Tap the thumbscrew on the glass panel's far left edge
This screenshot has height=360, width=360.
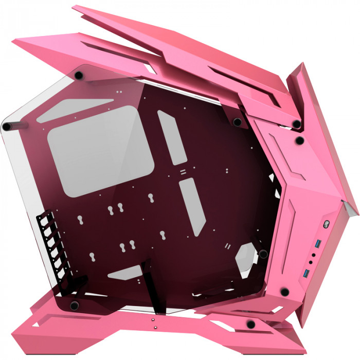click(x=7, y=126)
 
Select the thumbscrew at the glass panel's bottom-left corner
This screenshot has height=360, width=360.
click(x=74, y=305)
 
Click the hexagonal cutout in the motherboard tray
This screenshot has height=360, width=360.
click(x=246, y=256)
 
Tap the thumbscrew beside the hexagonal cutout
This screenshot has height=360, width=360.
click(x=263, y=254)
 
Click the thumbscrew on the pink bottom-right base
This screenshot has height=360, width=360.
click(x=250, y=323)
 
